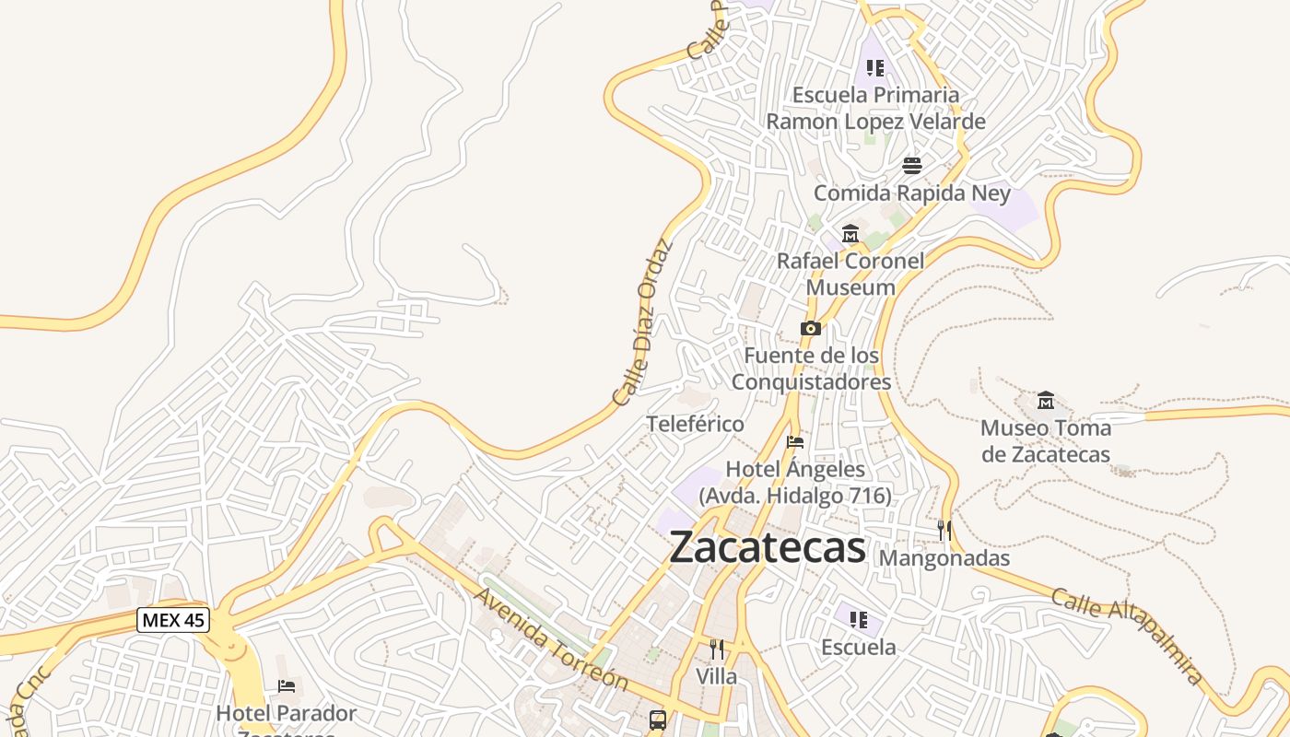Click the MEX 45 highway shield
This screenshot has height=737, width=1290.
coord(173,620)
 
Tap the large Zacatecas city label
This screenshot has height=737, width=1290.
coord(768,547)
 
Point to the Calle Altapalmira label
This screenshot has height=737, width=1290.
coord(1127,637)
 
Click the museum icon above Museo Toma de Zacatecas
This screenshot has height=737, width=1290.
coord(1046,401)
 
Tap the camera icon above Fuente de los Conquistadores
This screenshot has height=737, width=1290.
coord(811,329)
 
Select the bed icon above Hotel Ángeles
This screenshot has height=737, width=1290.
coord(795,442)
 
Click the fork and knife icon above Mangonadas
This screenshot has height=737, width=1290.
coord(944,530)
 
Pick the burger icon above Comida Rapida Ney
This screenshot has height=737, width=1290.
coord(912,166)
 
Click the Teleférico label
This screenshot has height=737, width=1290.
coord(696,425)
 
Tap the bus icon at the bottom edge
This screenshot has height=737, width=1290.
coord(658,719)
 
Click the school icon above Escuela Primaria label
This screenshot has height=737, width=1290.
coord(875,67)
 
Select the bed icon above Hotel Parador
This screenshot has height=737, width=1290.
coord(287,686)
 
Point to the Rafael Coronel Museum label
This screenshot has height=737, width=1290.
coord(850,274)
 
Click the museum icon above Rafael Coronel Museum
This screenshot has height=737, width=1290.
coord(850,234)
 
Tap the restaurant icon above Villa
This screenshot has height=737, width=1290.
coord(717,649)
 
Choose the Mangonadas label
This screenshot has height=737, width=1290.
coord(944,558)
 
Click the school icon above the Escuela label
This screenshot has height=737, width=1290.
coord(859,619)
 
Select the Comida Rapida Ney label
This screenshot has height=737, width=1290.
coord(912,193)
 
